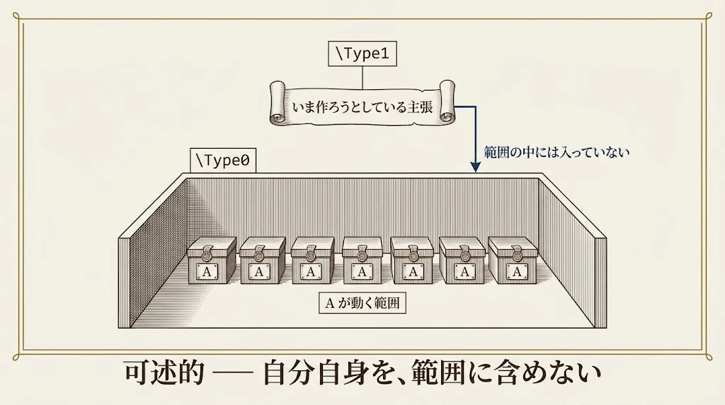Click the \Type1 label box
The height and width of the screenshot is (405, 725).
362,54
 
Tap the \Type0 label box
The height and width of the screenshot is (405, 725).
223,161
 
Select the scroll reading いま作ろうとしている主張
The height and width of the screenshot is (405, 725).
362,103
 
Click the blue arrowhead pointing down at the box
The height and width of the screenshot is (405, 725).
475,167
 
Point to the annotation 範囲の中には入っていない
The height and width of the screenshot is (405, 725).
556,152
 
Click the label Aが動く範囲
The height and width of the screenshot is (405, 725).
362,303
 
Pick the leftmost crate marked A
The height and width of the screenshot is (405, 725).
212,261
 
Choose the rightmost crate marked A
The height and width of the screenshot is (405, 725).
513,261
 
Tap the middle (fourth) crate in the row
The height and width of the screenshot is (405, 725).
362,261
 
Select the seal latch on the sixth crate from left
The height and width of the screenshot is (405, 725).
463,252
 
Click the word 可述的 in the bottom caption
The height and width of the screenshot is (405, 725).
164,372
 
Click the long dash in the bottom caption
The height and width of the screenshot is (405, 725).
234,372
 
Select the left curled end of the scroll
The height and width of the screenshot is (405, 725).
278,103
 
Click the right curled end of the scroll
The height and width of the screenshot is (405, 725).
447,102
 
